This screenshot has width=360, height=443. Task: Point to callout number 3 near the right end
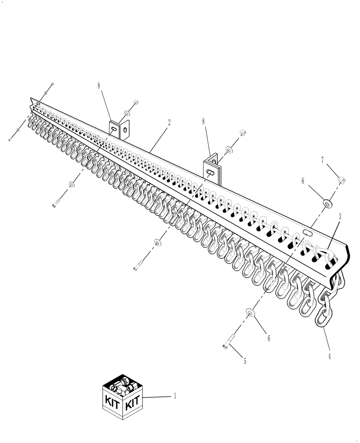tap(340, 216)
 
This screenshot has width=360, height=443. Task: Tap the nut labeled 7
tap(342, 180)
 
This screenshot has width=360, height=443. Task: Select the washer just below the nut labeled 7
tap(327, 203)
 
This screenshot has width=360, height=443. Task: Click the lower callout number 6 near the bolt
tap(268, 338)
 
